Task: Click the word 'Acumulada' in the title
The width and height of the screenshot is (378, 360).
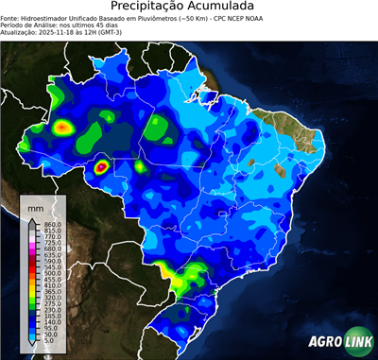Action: (224, 7)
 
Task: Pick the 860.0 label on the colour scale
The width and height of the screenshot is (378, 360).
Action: (50, 223)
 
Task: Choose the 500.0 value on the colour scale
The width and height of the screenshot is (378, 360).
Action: (50, 272)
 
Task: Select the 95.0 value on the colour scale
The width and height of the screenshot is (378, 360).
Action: (48, 328)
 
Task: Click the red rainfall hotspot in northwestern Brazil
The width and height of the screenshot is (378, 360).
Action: (62, 127)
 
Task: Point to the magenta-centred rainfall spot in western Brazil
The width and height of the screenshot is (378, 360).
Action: (101, 168)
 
